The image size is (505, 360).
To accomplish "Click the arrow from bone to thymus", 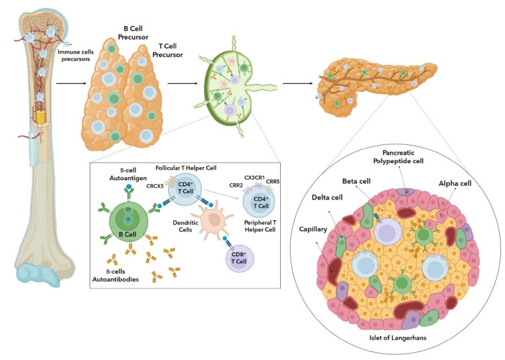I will (x=70, y=84).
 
